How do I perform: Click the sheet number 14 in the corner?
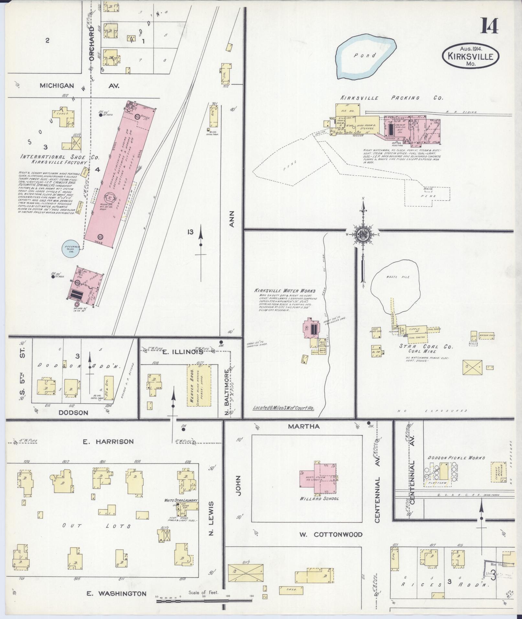pyautogui.click(x=489, y=26)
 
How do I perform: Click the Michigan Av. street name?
pyautogui.click(x=79, y=86)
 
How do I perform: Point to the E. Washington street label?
pyautogui.click(x=117, y=593)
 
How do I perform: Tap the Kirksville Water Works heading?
pyautogui.click(x=285, y=291)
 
